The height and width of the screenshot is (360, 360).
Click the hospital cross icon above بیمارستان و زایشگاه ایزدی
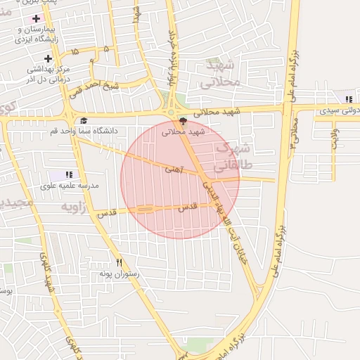36,17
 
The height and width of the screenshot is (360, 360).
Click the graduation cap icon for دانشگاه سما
84,120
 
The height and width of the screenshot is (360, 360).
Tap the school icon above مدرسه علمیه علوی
69,174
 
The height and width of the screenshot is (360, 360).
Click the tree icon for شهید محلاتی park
183,120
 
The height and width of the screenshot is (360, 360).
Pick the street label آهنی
172,169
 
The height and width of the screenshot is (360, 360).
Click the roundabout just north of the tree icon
171,110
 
